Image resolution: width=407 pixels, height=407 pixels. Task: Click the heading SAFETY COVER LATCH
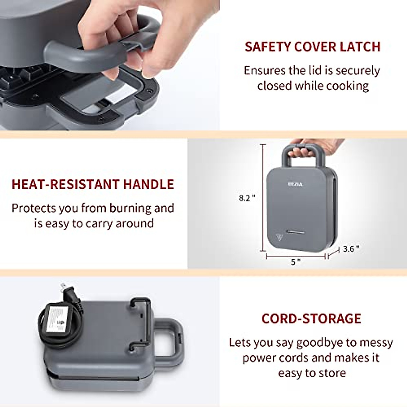312,47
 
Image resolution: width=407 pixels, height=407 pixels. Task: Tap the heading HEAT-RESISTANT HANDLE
93,184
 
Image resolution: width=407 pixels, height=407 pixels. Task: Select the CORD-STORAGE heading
311,318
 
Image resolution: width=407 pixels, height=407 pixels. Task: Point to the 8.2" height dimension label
247,198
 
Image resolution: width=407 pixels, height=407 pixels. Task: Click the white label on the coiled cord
58,319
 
